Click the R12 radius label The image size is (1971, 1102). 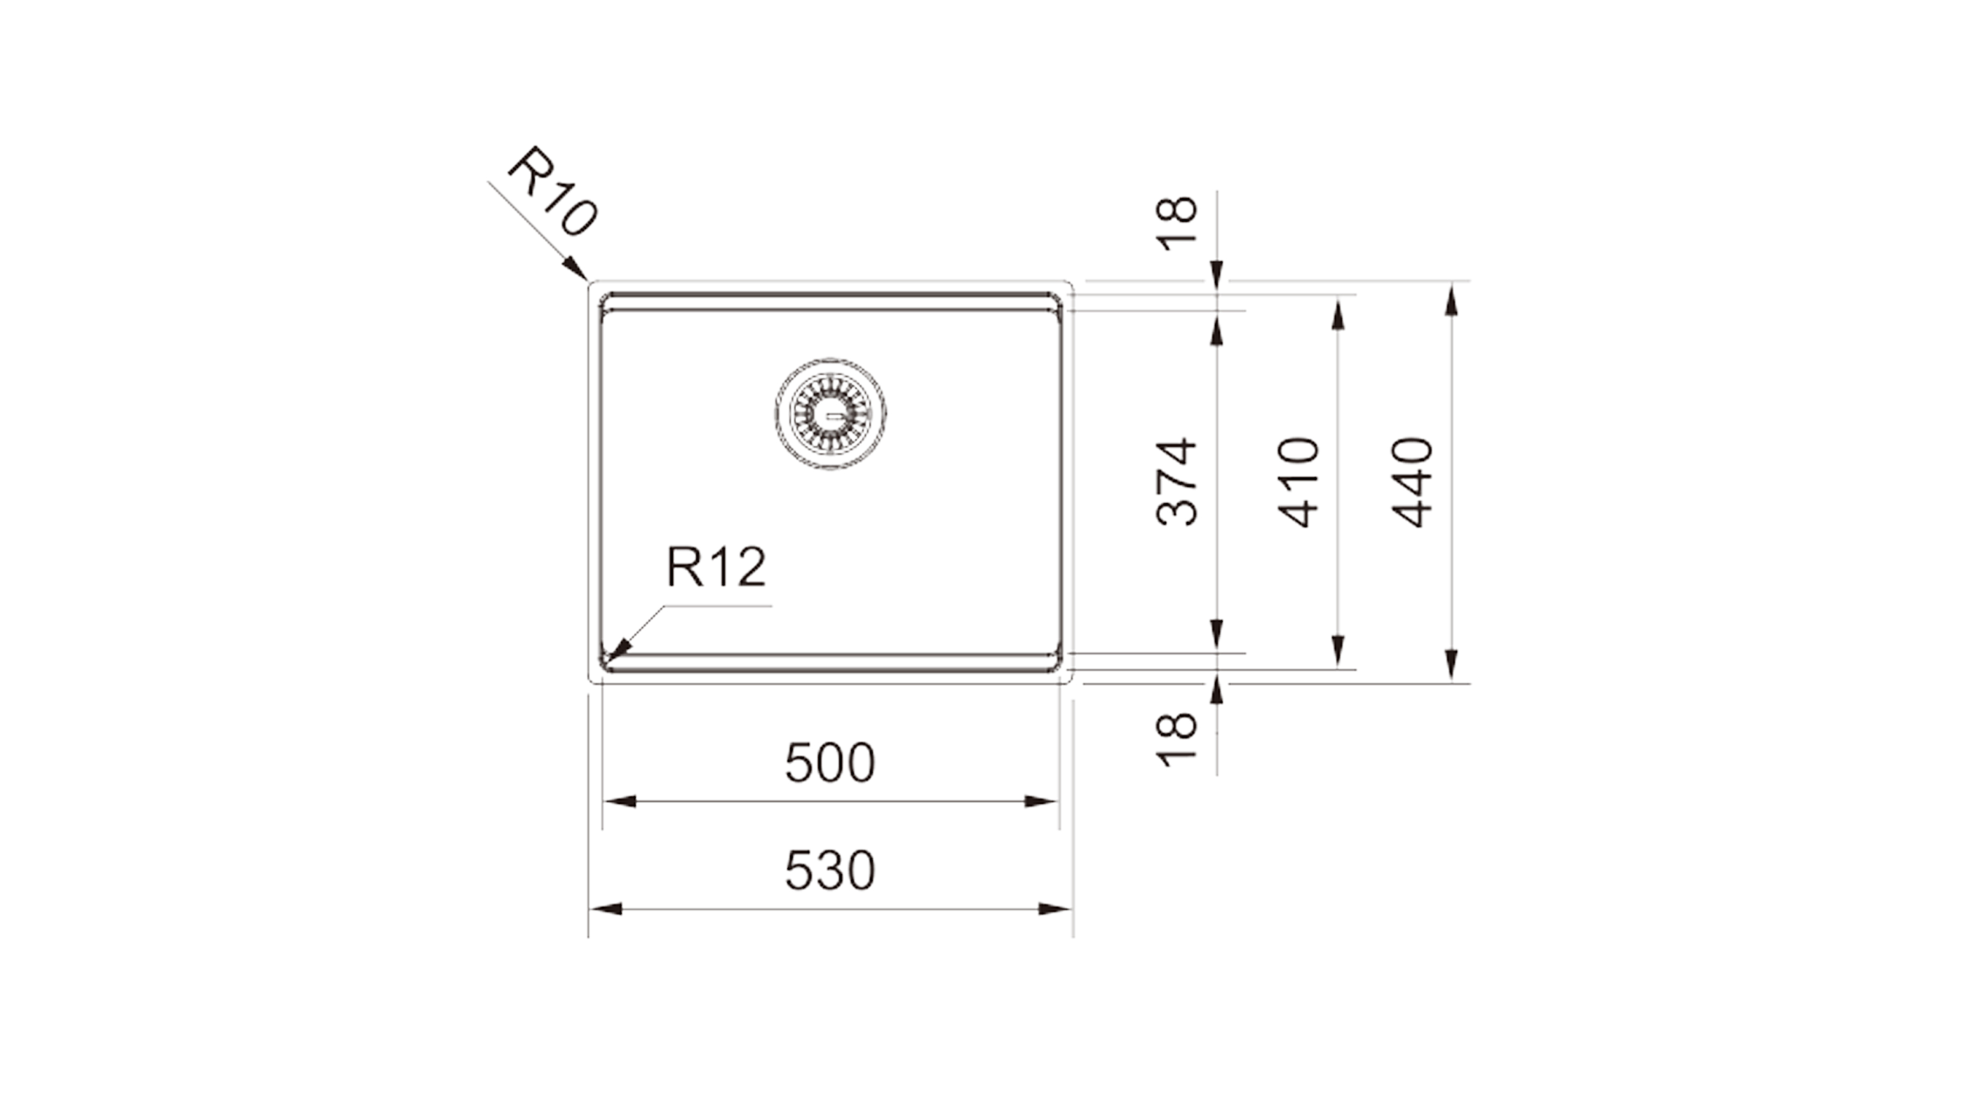tap(716, 567)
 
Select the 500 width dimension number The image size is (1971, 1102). tap(830, 763)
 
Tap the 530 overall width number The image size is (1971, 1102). tap(830, 871)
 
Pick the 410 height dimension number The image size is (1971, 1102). tap(1299, 482)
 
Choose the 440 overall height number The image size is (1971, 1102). tap(1412, 482)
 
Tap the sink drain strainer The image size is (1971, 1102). tap(831, 413)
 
